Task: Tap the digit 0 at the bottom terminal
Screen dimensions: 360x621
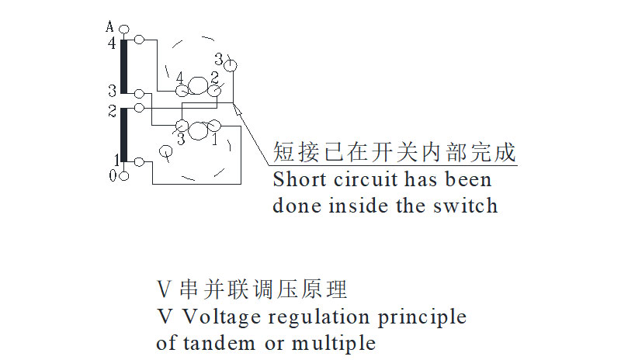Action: click(x=112, y=176)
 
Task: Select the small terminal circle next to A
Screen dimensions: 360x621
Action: click(x=123, y=29)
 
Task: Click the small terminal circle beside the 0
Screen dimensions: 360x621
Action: click(x=123, y=176)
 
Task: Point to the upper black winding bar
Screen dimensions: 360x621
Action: click(x=123, y=65)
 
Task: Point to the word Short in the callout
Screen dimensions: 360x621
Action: click(x=297, y=180)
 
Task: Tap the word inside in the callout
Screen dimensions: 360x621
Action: click(x=362, y=206)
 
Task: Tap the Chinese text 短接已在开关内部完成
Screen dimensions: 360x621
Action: click(x=394, y=152)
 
